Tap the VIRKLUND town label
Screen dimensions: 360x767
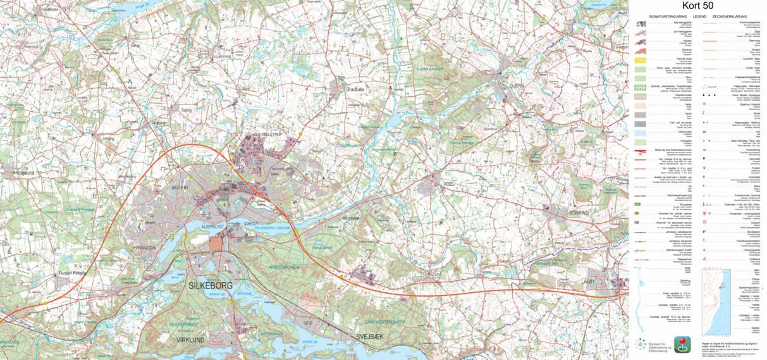coord(190,340)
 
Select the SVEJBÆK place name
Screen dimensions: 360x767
coord(371,337)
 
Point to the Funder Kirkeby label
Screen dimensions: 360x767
coord(71,273)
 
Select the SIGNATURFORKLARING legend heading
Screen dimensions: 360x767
coord(669,16)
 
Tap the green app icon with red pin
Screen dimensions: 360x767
coord(682,344)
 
